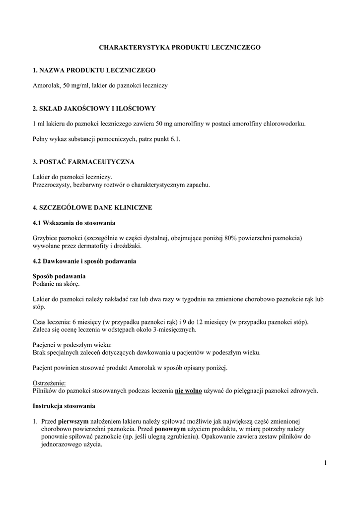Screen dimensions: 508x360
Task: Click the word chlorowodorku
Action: [x=287, y=123]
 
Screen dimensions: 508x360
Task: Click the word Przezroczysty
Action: [x=51, y=185]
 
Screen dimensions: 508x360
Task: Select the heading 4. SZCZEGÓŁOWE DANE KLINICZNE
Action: [x=92, y=207]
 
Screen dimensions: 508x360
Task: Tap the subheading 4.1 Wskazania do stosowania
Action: [x=74, y=222]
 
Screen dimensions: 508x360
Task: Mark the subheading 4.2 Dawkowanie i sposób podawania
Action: [x=84, y=261]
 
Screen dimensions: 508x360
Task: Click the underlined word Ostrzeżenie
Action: [x=49, y=383]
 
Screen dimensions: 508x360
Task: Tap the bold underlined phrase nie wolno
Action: [x=188, y=391]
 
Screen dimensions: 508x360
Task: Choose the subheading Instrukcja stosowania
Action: [x=64, y=406]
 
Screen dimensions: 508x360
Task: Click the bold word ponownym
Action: [x=171, y=429]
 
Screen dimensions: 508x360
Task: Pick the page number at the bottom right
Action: [x=325, y=463]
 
